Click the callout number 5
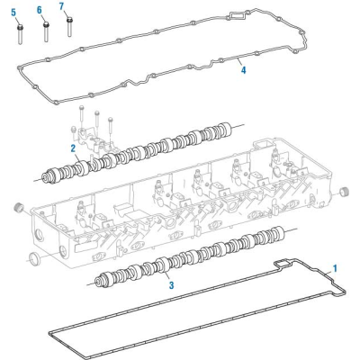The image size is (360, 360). [13, 13]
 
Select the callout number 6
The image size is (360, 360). [40, 9]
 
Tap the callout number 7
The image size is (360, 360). [62, 6]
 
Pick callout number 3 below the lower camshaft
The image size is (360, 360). [170, 286]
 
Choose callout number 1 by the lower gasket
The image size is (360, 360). [336, 267]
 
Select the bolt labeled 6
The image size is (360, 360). [45, 31]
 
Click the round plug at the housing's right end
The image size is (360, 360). [342, 195]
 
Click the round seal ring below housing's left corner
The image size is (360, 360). [35, 260]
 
